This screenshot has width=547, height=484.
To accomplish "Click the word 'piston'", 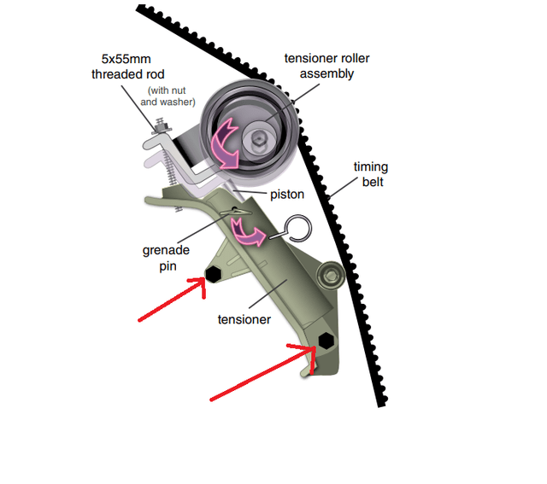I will coord(287,195).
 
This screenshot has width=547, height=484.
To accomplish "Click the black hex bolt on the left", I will coord(213,273).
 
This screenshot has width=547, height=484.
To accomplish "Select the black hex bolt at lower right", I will coord(326,340).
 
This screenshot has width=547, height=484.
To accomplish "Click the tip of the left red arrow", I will coord(205,283).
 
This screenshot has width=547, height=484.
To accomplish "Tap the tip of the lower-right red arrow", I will coord(315,348).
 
